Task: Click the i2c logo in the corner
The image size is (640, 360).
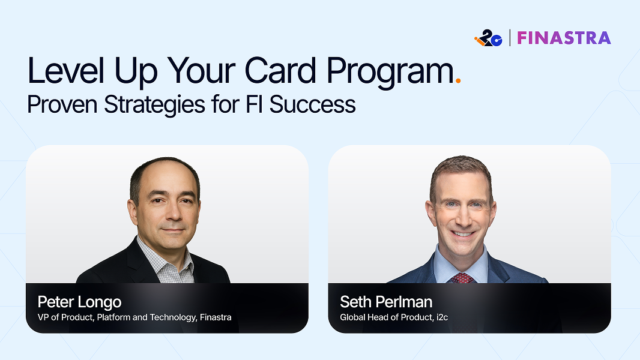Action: point(488,38)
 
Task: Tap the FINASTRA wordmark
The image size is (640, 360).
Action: point(564,38)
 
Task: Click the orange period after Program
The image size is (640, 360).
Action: point(458,81)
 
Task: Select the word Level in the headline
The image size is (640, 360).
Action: point(66,71)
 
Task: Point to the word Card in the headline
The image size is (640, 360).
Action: point(280,71)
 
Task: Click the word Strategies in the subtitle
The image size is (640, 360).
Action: point(154,105)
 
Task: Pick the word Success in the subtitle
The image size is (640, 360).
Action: point(313,104)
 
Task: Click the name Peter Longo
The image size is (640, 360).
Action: point(80,302)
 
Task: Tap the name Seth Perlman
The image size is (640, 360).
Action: point(386,302)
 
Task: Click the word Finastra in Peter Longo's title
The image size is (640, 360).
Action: point(216,317)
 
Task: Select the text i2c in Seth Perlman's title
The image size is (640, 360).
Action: point(442,317)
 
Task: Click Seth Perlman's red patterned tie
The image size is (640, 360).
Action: point(462,278)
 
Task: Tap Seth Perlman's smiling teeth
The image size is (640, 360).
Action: point(462,234)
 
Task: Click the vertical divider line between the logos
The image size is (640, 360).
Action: point(510,38)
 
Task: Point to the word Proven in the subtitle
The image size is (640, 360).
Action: point(62,104)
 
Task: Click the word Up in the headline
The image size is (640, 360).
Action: point(136,72)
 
